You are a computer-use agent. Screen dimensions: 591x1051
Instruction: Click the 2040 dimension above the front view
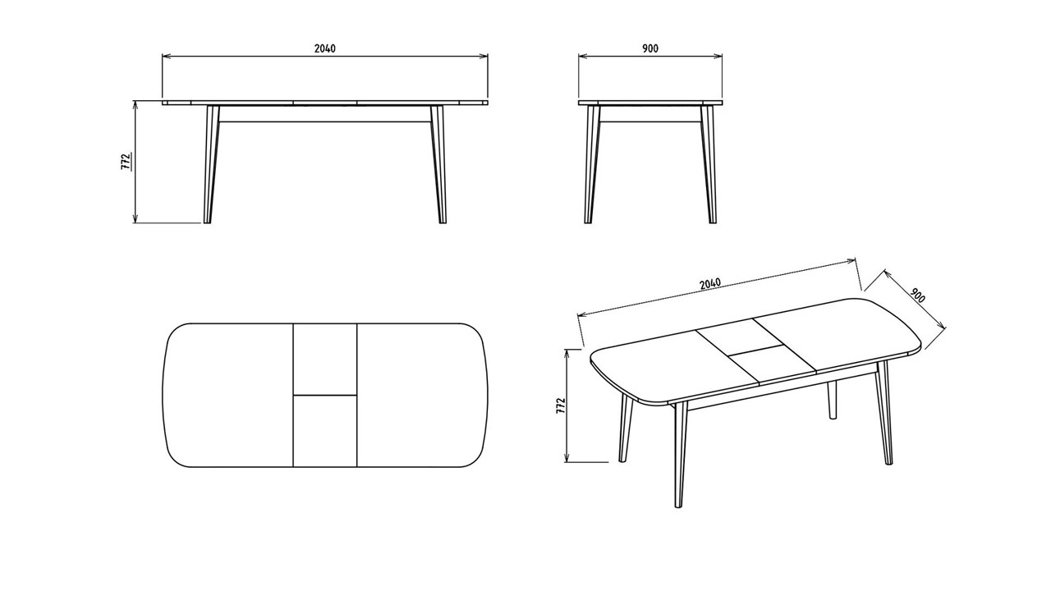(x=325, y=48)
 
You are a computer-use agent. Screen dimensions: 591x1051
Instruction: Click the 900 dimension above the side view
(x=650, y=48)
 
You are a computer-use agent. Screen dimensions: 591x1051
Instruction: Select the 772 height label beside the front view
(x=126, y=162)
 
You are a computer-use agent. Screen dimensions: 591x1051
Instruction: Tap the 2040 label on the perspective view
(x=710, y=284)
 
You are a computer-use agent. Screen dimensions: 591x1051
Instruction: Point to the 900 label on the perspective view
(x=918, y=295)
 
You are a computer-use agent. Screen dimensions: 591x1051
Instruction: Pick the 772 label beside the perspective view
(x=561, y=405)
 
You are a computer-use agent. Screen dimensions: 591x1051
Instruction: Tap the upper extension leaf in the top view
(x=325, y=359)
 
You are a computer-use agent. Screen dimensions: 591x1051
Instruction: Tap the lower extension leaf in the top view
(x=325, y=431)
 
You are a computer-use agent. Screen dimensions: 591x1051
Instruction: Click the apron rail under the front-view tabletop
(x=325, y=114)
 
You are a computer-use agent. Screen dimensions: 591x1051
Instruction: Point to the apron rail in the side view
(x=650, y=114)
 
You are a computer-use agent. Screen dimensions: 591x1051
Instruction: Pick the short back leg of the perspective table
(x=832, y=400)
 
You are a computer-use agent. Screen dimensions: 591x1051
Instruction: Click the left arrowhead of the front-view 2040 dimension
(x=165, y=56)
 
